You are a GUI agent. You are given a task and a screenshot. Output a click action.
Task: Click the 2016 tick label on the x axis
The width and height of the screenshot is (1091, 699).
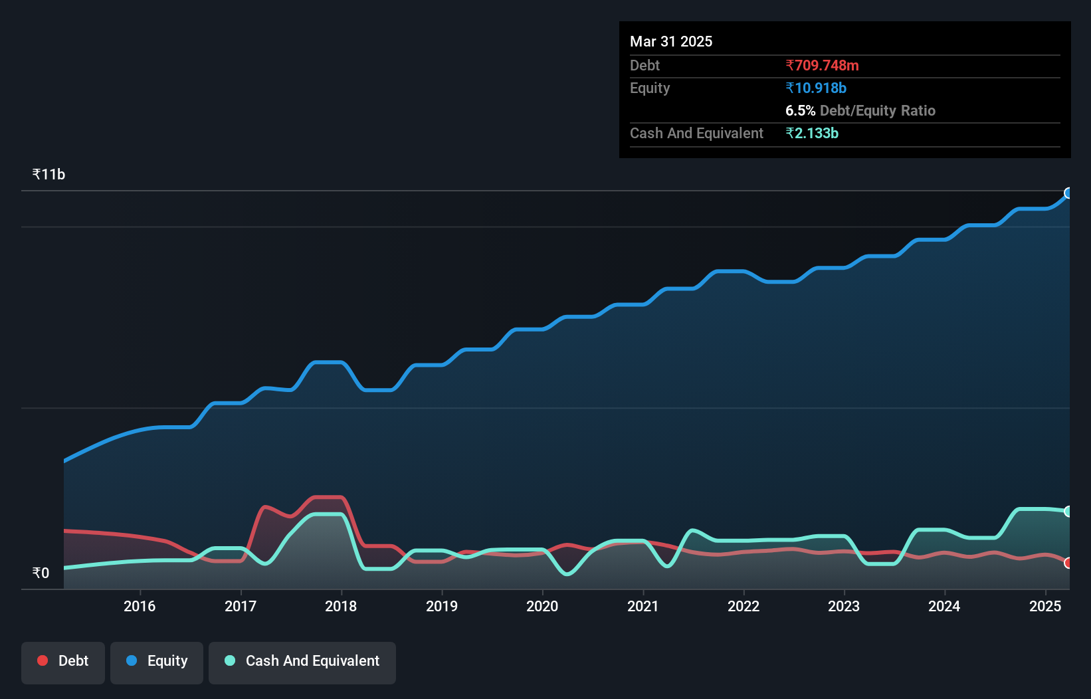point(140,606)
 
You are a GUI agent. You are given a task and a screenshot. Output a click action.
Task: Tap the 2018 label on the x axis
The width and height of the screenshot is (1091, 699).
point(341,606)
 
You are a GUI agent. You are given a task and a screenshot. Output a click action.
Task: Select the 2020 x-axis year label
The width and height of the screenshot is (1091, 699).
point(542,606)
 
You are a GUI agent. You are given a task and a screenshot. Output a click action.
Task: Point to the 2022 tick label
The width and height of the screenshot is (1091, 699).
point(744,606)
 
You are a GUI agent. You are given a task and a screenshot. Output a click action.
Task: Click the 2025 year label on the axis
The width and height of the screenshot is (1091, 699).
point(1045,606)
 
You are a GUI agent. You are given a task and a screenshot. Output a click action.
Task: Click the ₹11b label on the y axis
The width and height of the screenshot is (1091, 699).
point(49,175)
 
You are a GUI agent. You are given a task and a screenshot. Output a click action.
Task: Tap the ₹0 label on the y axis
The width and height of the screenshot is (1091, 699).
point(41,573)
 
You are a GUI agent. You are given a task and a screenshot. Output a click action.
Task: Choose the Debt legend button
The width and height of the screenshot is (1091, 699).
point(63,661)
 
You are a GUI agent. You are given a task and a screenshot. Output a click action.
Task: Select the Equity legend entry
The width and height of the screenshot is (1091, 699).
point(157,661)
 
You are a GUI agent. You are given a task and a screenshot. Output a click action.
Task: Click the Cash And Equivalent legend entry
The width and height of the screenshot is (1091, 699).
point(302,661)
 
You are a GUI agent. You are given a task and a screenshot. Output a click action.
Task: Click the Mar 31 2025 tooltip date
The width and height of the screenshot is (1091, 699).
point(671,42)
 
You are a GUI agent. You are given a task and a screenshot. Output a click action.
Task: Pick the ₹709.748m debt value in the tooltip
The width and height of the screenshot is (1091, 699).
point(822,66)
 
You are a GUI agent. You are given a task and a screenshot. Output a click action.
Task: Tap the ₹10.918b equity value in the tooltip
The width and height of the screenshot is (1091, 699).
point(816,88)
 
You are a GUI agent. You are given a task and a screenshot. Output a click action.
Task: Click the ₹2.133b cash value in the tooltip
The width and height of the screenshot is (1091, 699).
point(812,134)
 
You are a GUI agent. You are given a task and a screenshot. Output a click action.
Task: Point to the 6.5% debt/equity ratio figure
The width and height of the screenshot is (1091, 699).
point(800,111)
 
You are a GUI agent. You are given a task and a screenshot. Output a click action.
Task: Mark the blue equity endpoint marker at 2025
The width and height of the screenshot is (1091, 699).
point(1068,193)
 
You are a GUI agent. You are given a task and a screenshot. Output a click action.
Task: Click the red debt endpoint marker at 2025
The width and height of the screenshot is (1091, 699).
point(1068,563)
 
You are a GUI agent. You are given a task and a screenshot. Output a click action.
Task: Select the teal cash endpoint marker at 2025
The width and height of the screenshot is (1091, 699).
point(1068,511)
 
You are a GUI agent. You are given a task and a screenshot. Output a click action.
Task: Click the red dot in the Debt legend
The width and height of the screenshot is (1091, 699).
point(43,660)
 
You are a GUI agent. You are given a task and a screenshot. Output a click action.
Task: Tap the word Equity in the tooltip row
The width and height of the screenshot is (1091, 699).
point(650,88)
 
